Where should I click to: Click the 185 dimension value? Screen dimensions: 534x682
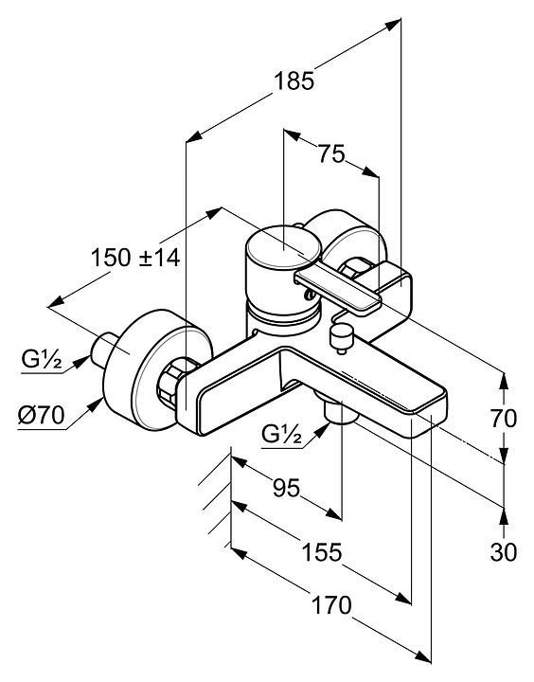pyautogui.click(x=294, y=81)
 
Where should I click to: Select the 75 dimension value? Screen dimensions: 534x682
pyautogui.click(x=331, y=153)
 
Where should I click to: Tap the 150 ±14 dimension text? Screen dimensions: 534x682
pyautogui.click(x=135, y=258)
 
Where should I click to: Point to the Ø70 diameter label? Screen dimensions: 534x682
pyautogui.click(x=42, y=415)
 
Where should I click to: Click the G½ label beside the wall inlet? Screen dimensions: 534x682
pyautogui.click(x=42, y=359)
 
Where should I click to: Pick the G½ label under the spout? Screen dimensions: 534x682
pyautogui.click(x=282, y=433)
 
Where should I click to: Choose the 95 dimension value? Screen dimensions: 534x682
pyautogui.click(x=287, y=488)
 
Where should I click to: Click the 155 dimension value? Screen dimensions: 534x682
pyautogui.click(x=322, y=552)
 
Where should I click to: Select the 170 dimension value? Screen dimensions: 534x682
pyautogui.click(x=331, y=605)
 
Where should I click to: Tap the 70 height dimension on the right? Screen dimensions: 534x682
pyautogui.click(x=504, y=419)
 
